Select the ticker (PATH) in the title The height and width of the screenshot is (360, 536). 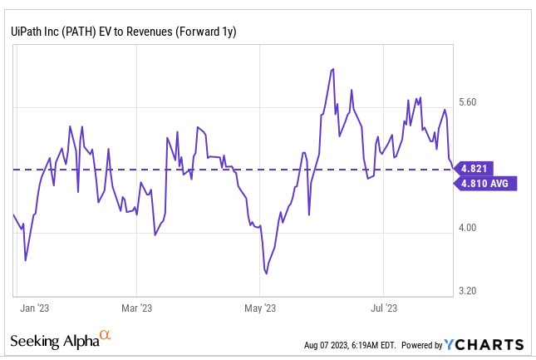(x=81, y=31)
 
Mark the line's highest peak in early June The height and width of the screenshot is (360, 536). (x=332, y=69)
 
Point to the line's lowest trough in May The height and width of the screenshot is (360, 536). (x=266, y=272)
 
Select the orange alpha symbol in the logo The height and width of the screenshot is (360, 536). (x=105, y=335)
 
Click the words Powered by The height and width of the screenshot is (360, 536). (x=421, y=345)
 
